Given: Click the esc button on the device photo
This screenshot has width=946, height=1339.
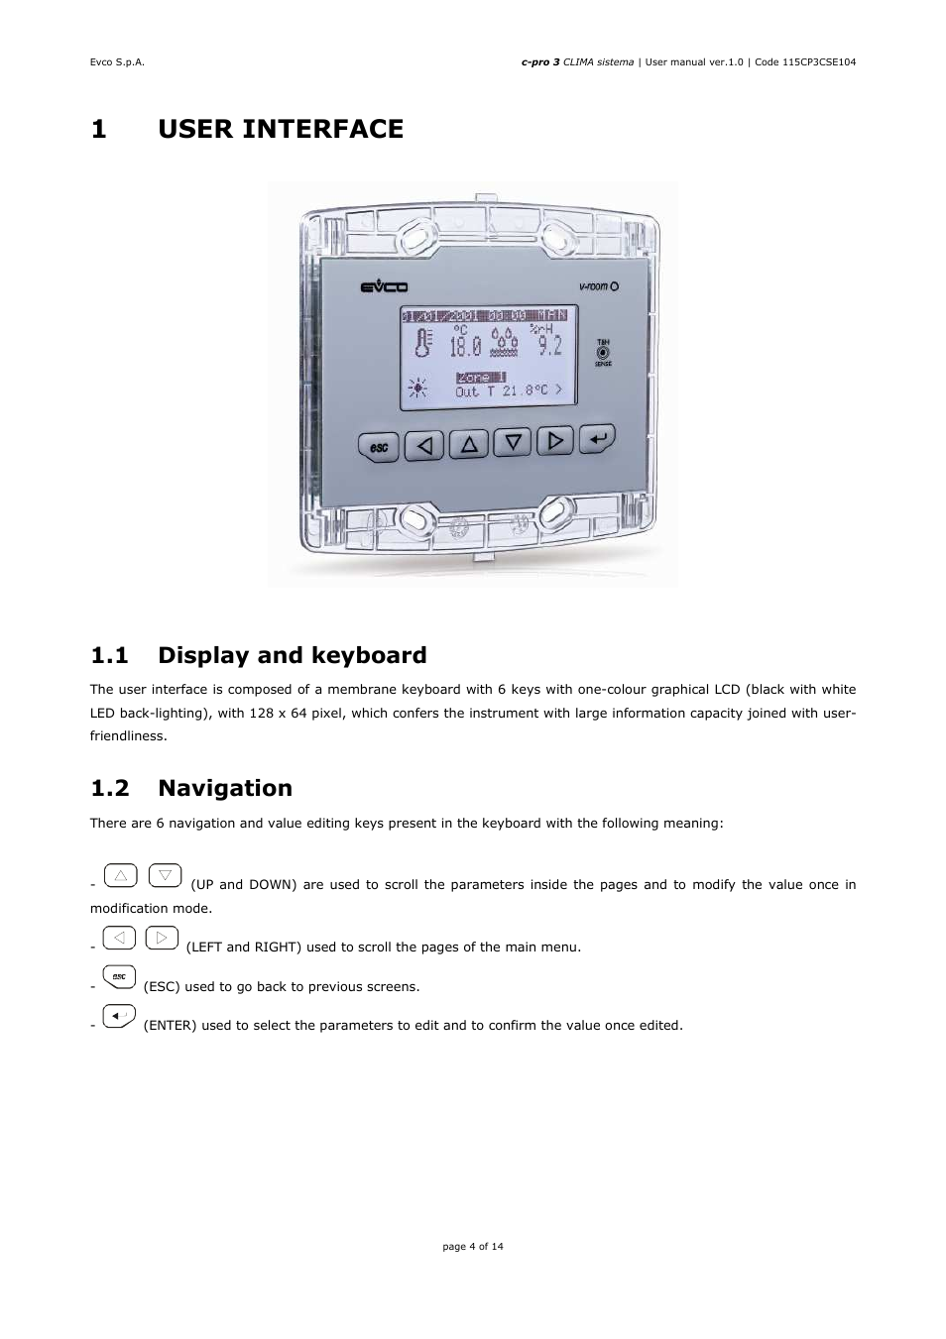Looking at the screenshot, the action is pos(378,448).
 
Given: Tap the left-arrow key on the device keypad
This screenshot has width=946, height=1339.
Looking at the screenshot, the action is pos(425,446).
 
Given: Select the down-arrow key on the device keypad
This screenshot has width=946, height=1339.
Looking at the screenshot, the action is pos(513,442).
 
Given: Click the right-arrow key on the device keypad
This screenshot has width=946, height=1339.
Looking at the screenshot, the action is pos(555,440).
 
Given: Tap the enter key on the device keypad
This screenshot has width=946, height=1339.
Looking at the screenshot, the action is pos(597,437).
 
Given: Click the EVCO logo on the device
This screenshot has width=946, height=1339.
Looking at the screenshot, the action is pos(378,287).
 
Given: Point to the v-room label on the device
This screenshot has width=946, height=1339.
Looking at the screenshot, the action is pos(598,286).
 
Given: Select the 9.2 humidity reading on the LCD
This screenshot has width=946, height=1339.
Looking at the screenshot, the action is pos(549,344).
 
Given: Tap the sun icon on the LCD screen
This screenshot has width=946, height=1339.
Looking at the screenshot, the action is pos(418,388).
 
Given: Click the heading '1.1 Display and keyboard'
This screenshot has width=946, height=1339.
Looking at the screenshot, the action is pos(258,655).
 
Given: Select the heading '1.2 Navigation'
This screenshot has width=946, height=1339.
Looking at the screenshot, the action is pos(191,788).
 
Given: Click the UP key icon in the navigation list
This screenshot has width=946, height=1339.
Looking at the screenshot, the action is pos(120,876).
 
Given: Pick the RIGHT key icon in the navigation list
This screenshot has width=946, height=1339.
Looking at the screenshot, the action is pos(162,938).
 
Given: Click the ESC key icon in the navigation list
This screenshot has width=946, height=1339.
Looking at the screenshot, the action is pos(119,977).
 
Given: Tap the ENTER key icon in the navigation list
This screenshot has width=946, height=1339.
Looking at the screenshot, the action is pos(119,1016).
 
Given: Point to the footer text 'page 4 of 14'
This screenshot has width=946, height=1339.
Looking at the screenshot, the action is pos(472,1246).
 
